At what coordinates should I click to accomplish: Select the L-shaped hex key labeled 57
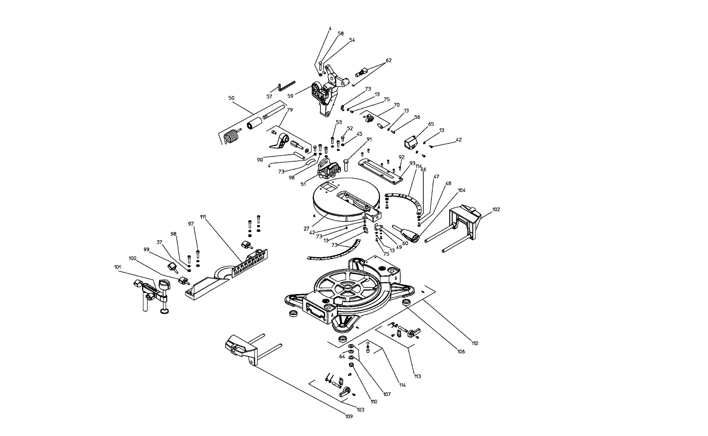(286, 85)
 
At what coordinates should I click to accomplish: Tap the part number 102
(496, 209)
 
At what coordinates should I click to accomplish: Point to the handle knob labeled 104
(406, 233)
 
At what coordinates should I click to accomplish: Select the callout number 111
(203, 216)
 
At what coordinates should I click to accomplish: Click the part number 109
(349, 416)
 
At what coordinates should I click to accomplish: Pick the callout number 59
(290, 96)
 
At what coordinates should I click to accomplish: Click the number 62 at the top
(389, 60)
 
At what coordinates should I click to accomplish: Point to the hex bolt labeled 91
(346, 165)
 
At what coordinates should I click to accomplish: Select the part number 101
(118, 267)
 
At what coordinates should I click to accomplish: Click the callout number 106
(461, 351)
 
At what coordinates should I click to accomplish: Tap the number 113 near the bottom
(417, 376)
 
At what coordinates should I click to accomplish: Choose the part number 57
(269, 96)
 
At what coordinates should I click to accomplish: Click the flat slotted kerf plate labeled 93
(381, 170)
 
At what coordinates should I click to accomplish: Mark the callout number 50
(231, 98)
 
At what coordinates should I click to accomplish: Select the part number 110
(374, 402)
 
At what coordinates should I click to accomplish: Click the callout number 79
(290, 110)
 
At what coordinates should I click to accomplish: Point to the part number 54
(352, 40)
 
